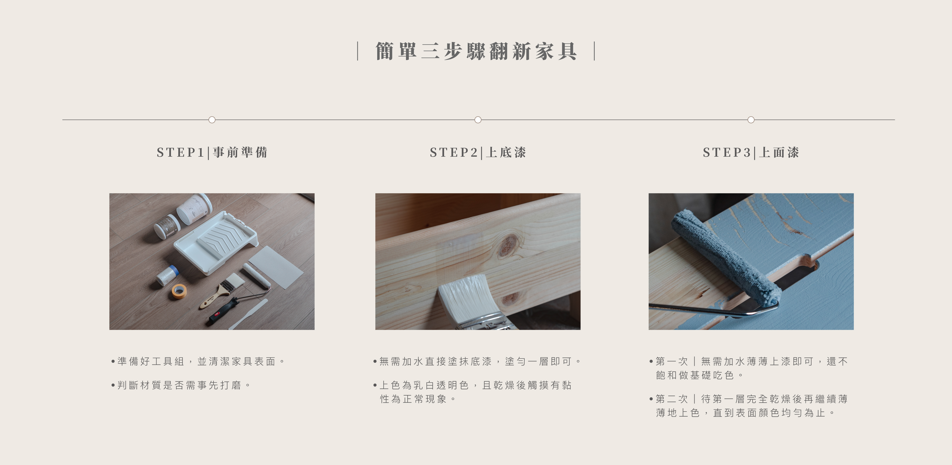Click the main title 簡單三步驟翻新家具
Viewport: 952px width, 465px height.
[476, 51]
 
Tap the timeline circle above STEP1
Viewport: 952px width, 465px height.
[212, 120]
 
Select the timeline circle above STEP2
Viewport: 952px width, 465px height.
[478, 120]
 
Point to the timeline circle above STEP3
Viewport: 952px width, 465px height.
[751, 120]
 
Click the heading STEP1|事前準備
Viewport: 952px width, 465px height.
[212, 152]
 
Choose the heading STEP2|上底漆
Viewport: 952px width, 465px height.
[478, 152]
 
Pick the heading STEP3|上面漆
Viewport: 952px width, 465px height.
[751, 152]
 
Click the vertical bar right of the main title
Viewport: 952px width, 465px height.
[594, 51]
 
